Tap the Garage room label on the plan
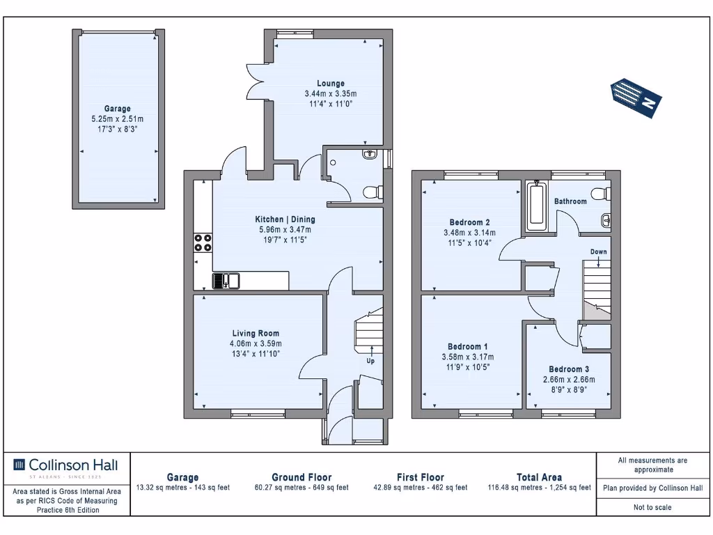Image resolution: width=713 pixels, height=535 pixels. tap(118, 109)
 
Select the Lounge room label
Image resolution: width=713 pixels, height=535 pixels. tap(331, 84)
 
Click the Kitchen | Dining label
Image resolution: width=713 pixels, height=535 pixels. tap(283, 219)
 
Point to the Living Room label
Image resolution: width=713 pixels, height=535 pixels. tap(256, 334)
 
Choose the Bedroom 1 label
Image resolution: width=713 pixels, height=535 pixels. tap(467, 347)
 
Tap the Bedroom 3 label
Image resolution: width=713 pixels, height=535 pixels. tap(569, 369)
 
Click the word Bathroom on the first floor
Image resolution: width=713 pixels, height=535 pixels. tap(570, 201)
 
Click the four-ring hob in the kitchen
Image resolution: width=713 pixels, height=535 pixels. tap(203, 243)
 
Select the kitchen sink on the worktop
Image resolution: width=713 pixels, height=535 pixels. tap(226, 281)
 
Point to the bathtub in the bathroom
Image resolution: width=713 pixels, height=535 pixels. tap(536, 206)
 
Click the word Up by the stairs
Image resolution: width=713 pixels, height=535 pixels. tap(370, 362)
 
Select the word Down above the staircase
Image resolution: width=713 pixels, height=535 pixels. tap(598, 251)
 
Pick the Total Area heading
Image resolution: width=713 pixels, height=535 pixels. tap(539, 477)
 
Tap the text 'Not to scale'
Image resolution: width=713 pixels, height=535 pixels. tap(652, 507)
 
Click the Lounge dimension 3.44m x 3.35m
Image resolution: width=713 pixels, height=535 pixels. tap(331, 94)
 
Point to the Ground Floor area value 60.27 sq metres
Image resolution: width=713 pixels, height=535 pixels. tap(301, 488)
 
